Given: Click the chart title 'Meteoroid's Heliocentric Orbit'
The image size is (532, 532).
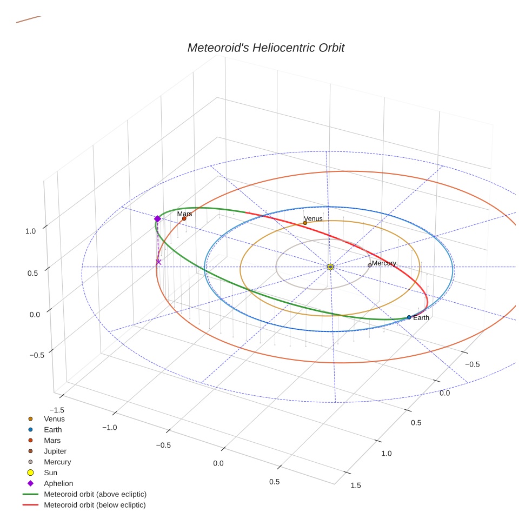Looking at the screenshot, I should [x=265, y=48].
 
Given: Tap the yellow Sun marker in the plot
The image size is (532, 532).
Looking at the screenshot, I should [x=330, y=267].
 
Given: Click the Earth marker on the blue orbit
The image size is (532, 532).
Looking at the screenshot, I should [x=409, y=317].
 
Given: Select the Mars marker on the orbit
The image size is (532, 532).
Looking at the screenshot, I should [x=184, y=218].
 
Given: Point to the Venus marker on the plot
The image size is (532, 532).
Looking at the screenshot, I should [x=305, y=223].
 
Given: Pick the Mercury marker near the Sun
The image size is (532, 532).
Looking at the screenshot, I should [x=370, y=265].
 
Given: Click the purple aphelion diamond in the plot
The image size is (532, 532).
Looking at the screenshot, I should [x=157, y=219].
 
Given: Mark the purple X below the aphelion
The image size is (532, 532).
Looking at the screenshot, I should [x=158, y=262].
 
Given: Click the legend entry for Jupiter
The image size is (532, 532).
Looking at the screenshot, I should [x=55, y=451].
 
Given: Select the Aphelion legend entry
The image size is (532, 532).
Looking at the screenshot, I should [x=58, y=483].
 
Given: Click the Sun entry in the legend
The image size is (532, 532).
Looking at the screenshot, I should [x=50, y=473].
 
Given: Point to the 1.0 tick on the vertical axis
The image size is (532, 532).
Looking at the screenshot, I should [x=30, y=231].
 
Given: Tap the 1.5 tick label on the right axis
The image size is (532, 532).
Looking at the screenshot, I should [x=356, y=486].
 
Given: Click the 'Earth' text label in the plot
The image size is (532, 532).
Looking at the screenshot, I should [x=421, y=318].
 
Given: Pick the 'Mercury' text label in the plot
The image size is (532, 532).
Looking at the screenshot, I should [x=384, y=263].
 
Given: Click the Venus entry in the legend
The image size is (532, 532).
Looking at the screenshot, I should [x=54, y=418].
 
